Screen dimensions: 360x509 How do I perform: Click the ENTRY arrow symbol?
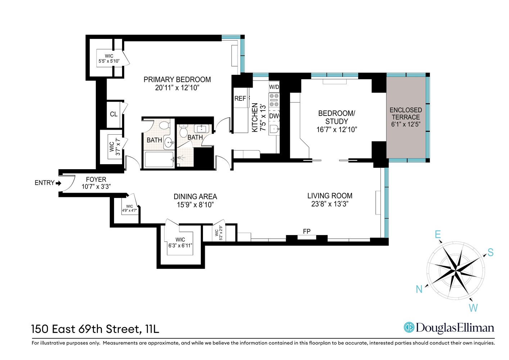[59, 183]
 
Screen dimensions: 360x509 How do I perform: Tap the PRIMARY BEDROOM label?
[177, 80]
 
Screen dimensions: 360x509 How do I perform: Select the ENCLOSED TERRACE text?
[406, 113]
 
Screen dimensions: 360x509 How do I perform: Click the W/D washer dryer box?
[274, 87]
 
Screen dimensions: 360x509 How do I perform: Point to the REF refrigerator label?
[240, 99]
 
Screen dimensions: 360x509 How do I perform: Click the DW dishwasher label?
[274, 116]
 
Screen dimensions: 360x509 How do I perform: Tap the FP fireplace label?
[307, 231]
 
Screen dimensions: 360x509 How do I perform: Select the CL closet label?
[114, 114]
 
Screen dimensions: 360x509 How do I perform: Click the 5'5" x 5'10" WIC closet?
[109, 59]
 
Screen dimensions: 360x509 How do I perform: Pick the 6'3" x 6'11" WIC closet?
[180, 243]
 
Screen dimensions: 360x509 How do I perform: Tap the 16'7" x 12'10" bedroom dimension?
[337, 130]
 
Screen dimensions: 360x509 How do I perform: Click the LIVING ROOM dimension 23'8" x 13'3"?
[330, 204]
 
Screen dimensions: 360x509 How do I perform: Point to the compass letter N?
[419, 289]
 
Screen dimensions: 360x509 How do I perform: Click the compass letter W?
[473, 308]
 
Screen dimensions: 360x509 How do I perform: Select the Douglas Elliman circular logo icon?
[409, 327]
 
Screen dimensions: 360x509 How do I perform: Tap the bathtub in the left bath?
[159, 159]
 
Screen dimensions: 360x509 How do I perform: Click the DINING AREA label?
[195, 197]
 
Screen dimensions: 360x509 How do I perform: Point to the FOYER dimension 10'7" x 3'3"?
[96, 186]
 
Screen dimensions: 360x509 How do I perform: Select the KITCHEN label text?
[255, 118]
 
